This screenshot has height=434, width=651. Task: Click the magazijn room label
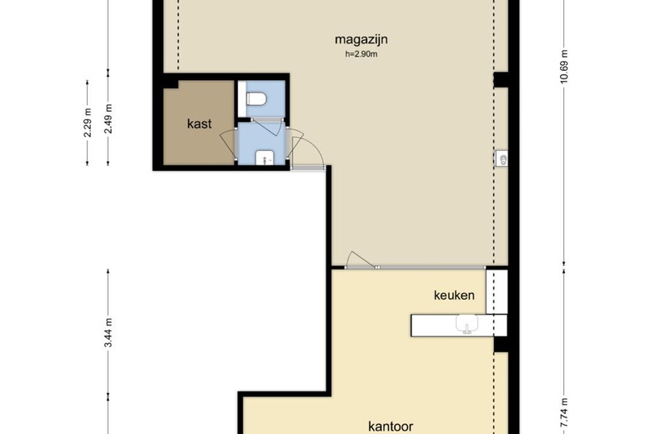(x=361, y=40)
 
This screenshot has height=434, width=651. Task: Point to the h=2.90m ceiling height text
(x=361, y=54)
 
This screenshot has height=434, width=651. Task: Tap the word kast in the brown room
(x=199, y=124)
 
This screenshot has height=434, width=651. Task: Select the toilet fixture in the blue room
(x=256, y=98)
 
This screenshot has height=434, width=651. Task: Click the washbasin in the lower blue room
(x=265, y=158)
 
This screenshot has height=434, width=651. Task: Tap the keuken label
(x=454, y=295)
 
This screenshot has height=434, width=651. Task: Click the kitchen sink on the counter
(x=467, y=324)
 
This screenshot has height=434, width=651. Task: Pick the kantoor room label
(x=391, y=426)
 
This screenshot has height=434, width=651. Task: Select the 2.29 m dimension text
(x=87, y=123)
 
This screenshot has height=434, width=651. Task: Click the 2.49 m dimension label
(x=108, y=119)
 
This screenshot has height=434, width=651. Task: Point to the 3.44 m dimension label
(x=108, y=333)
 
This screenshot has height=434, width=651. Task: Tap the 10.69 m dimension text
(x=564, y=67)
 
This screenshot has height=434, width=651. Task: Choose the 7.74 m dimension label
(x=564, y=412)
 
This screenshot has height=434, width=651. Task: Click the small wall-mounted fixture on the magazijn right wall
(x=502, y=159)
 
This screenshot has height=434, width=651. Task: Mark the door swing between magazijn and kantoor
(x=360, y=260)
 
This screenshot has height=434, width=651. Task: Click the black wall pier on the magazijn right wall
(x=501, y=80)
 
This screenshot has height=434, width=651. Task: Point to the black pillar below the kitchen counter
(x=501, y=345)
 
